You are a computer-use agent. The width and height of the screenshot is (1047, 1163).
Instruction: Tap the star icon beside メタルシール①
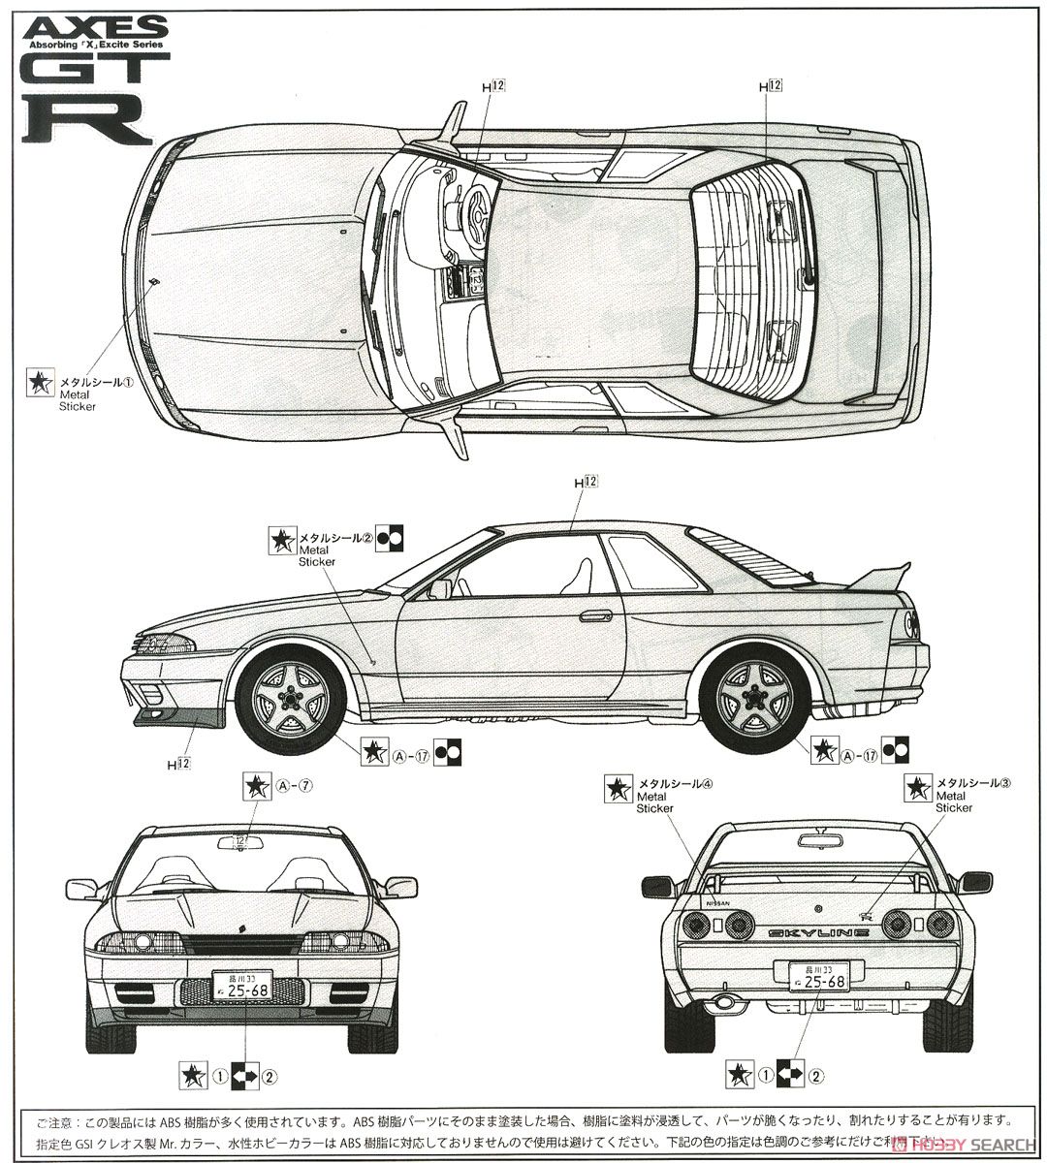coord(40,383)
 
